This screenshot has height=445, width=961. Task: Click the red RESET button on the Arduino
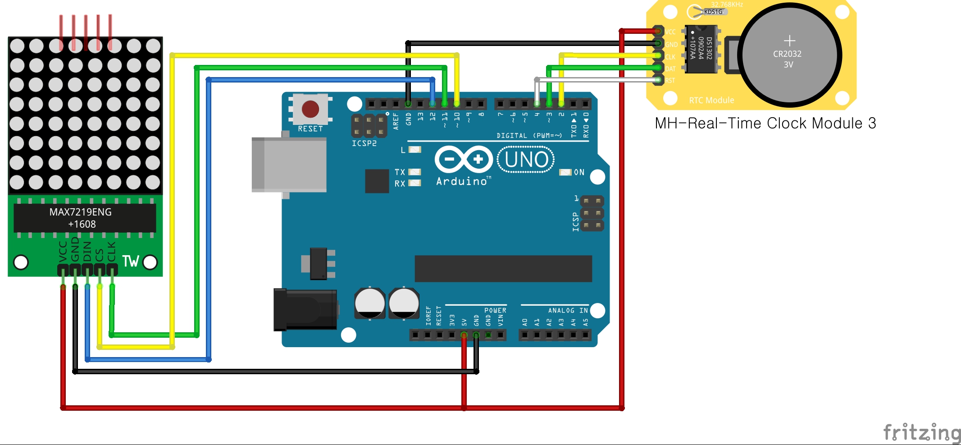point(310,109)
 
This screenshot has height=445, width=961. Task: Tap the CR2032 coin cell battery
point(789,55)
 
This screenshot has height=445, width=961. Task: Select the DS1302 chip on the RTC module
point(701,49)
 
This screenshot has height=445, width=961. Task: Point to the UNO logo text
point(526,160)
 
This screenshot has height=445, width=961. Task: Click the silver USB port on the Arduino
point(289,165)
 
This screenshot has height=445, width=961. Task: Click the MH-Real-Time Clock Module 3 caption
point(765,123)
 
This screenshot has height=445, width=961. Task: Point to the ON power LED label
point(579,172)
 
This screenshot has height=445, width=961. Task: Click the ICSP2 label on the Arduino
point(364,143)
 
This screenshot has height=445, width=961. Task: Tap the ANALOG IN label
point(568,310)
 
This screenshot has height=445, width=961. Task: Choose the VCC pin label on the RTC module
point(670,32)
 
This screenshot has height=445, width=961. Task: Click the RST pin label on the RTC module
point(670,81)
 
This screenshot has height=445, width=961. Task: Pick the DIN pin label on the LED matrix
point(87,252)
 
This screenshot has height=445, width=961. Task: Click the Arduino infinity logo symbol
point(463,159)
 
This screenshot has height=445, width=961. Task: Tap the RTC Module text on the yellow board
point(711,100)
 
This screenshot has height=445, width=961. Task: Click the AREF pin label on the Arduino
point(396,121)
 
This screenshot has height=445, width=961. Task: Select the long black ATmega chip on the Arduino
point(503,269)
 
